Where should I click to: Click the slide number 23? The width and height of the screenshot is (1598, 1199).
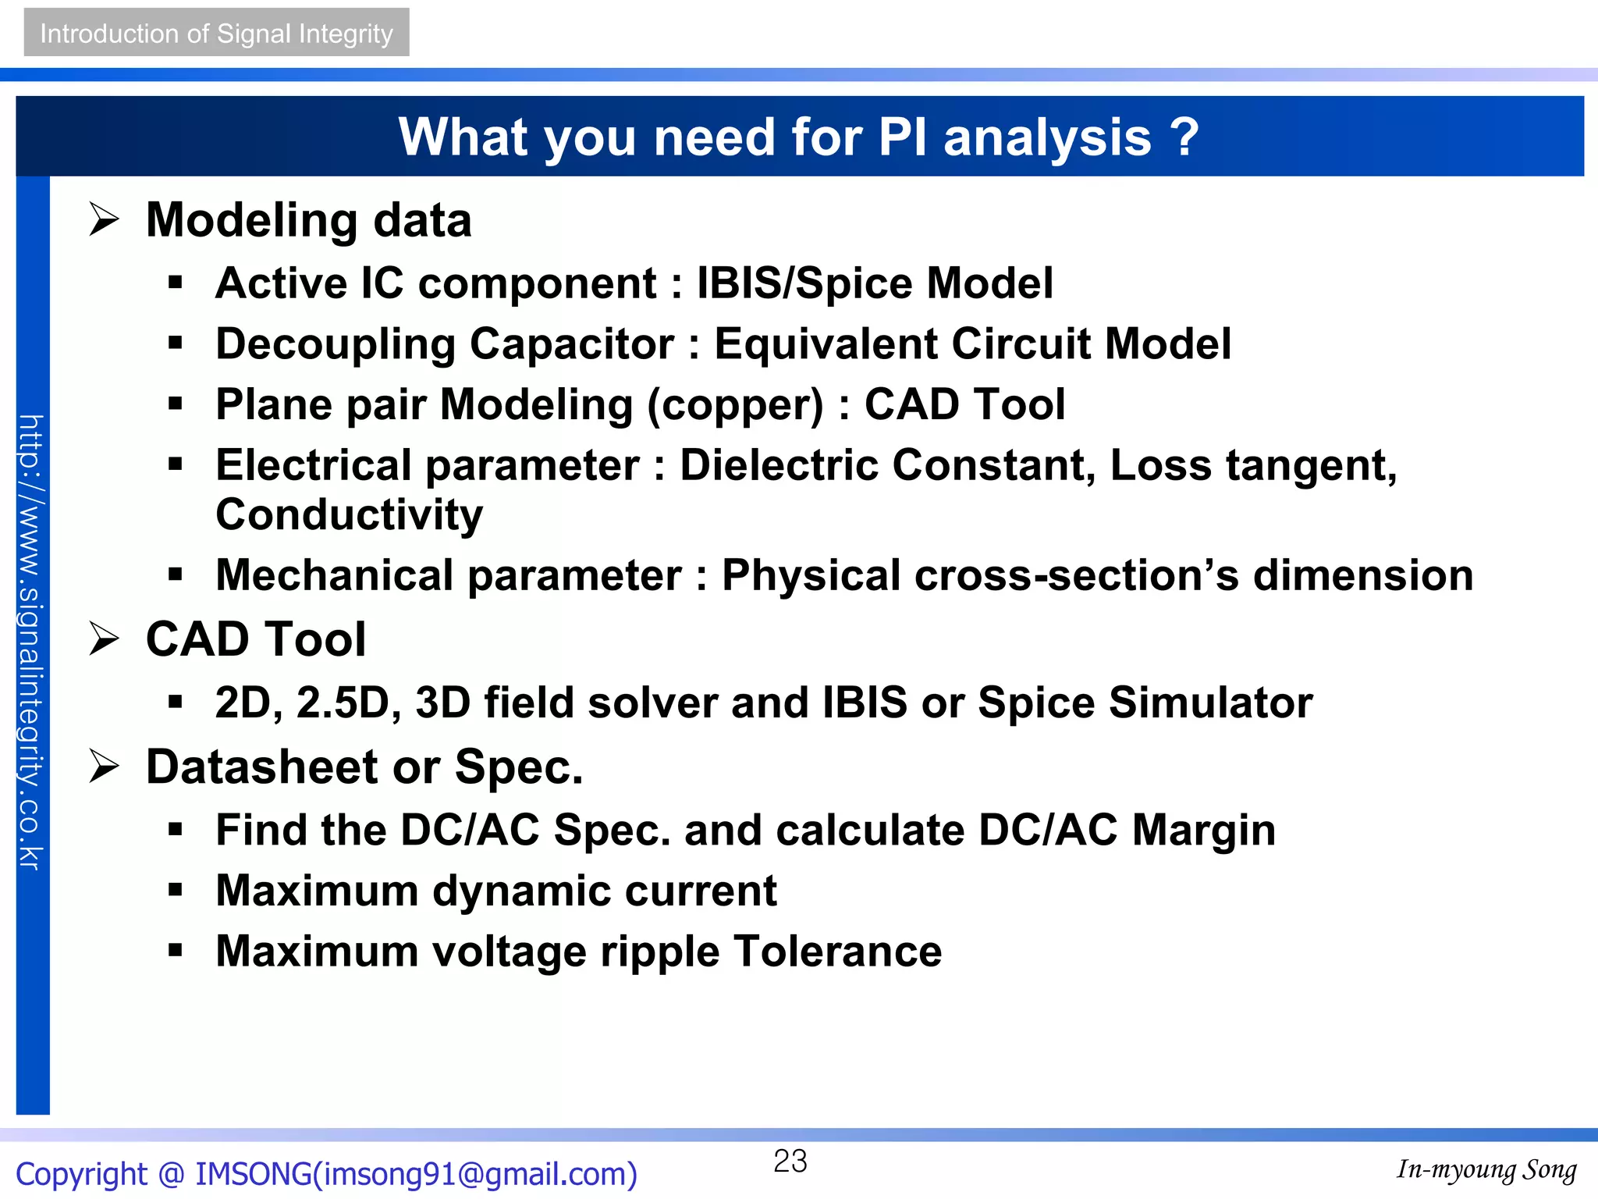click(790, 1161)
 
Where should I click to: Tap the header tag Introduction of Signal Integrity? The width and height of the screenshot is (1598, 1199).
click(216, 33)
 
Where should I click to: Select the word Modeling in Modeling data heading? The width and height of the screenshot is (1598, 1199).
click(252, 221)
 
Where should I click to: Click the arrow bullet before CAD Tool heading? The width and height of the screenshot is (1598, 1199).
click(104, 639)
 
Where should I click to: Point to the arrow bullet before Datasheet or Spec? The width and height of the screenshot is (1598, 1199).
click(104, 766)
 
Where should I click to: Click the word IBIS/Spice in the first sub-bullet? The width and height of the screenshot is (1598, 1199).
click(804, 283)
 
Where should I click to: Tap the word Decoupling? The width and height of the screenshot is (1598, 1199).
click(336, 345)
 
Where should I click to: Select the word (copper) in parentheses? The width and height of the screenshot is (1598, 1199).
click(735, 406)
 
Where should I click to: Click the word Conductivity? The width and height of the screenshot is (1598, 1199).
click(349, 515)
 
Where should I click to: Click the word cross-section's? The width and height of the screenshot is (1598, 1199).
click(1076, 575)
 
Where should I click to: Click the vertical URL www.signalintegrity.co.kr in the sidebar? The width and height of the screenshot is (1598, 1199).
click(31, 642)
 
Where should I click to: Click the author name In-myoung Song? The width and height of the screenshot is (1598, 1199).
click(1486, 1169)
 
